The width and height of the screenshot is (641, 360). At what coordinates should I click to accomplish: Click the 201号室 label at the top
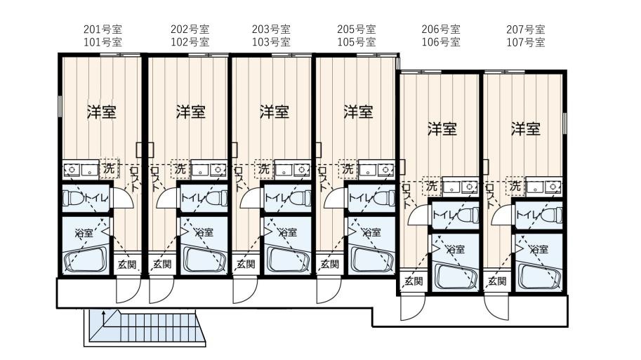pos(103,29)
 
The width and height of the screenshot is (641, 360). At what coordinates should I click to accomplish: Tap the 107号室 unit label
pos(526,42)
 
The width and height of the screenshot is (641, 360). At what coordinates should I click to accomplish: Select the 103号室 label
pos(271,42)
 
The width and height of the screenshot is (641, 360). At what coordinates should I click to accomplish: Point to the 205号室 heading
pos(357,29)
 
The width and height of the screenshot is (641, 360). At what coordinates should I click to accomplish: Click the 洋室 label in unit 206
pos(442,128)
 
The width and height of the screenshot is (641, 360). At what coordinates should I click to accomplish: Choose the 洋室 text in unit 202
pos(190,112)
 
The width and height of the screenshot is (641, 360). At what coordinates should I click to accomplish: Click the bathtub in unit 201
pos(86,259)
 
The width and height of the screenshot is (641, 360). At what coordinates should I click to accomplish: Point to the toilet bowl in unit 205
pos(383,199)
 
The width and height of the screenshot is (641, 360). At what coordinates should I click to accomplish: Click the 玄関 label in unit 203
pos(246,265)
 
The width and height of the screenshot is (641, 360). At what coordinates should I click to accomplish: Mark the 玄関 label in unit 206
pos(414,281)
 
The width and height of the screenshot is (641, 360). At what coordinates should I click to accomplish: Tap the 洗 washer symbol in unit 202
pos(180,168)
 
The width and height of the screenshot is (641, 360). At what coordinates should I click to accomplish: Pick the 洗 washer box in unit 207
pos(515,187)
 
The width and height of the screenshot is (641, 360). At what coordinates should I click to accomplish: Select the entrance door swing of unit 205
pos(329,290)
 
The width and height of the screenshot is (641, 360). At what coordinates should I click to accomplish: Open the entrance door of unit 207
pos(496,307)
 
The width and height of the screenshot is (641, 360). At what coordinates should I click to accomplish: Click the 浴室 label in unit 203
pos(287,232)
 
